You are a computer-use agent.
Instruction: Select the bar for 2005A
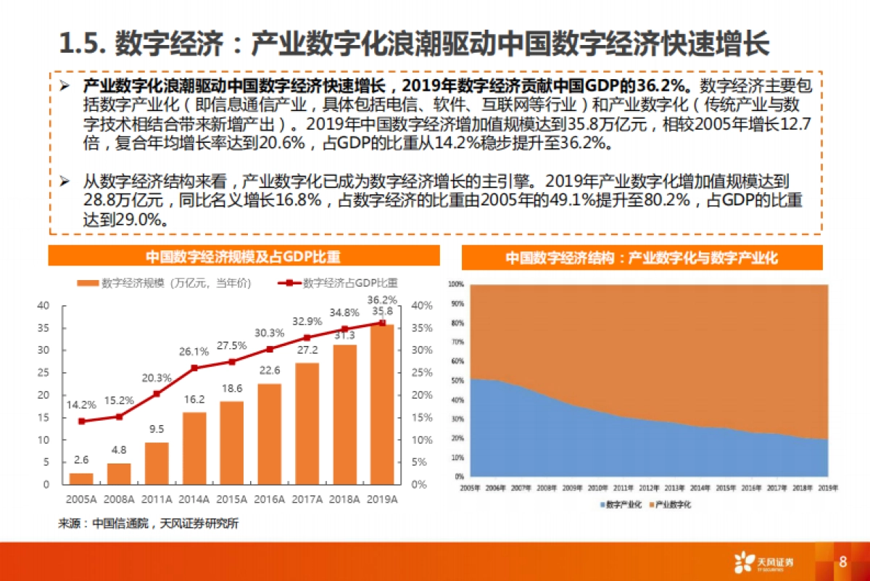click(81, 478)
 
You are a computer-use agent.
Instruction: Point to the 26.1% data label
click(194, 351)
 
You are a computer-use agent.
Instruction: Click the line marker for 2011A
click(157, 394)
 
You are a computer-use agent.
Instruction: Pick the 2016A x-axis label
click(269, 500)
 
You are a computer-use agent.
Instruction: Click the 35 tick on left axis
click(43, 328)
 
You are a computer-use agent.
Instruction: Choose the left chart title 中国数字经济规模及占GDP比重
click(243, 257)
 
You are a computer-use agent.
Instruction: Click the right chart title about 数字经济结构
click(642, 257)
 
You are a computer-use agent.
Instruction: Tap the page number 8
click(842, 562)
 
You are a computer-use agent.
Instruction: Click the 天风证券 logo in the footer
click(765, 562)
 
